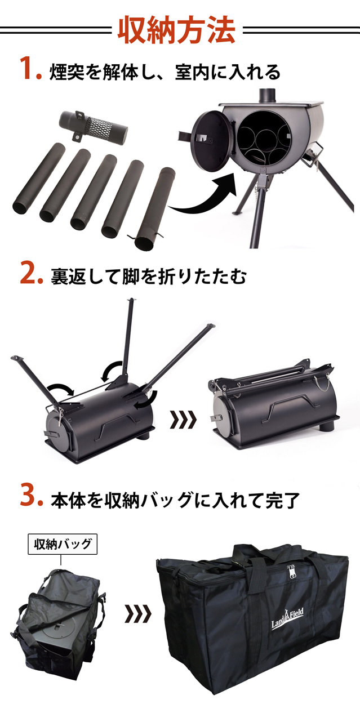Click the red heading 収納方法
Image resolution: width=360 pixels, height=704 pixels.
click(176, 31)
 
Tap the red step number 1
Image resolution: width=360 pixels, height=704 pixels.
click(30, 68)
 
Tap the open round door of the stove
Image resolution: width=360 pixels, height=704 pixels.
click(211, 141)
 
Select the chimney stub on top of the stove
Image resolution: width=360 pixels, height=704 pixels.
click(268, 95)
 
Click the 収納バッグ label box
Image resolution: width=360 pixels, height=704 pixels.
click(63, 544)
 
